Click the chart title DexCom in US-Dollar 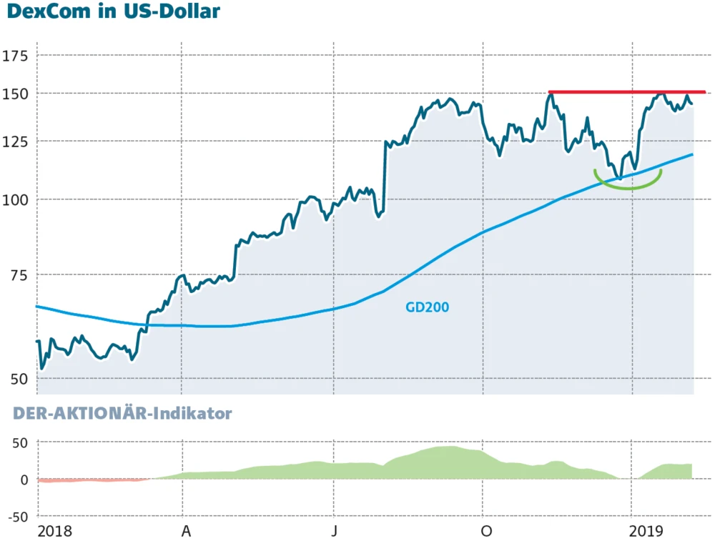point(113,13)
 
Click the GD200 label point(428,307)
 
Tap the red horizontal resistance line point(626,92)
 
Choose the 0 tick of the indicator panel point(24,480)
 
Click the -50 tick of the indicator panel point(17,516)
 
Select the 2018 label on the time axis point(55,531)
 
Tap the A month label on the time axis point(186,531)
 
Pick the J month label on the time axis point(335,531)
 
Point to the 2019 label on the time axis point(646,531)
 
